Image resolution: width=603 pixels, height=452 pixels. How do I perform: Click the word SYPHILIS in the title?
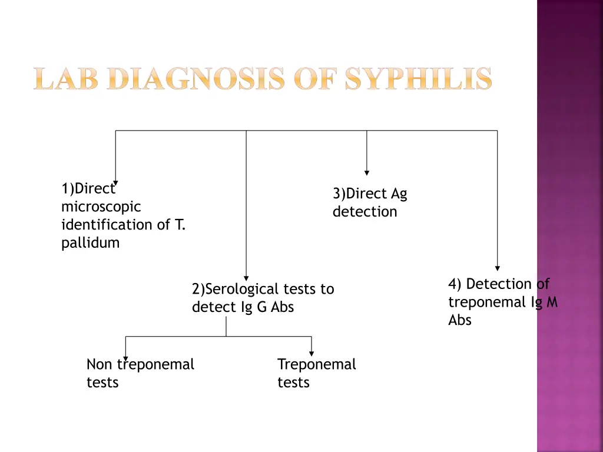point(418,79)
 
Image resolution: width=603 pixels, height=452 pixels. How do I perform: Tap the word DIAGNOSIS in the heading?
point(197,79)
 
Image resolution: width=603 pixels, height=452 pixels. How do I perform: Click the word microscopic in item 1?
point(101,207)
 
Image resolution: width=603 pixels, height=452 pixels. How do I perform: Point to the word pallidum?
point(90,242)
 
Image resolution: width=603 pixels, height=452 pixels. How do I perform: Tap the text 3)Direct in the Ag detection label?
point(359,194)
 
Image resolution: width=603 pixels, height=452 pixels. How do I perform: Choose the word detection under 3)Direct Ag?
point(365,211)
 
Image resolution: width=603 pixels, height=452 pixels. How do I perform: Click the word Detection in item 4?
point(499,284)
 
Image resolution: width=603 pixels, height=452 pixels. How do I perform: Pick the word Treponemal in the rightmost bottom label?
point(317,364)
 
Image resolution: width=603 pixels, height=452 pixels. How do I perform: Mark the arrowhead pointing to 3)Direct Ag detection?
point(367,173)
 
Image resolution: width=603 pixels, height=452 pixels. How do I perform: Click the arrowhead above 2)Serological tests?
point(246,278)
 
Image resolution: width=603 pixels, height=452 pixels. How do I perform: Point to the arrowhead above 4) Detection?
point(498,268)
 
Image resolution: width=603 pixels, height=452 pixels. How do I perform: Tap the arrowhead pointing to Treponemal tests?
point(311,353)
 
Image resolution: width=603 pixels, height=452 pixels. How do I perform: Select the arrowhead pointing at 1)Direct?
point(115,182)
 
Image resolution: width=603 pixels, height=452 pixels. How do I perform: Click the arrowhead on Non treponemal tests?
point(125,357)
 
